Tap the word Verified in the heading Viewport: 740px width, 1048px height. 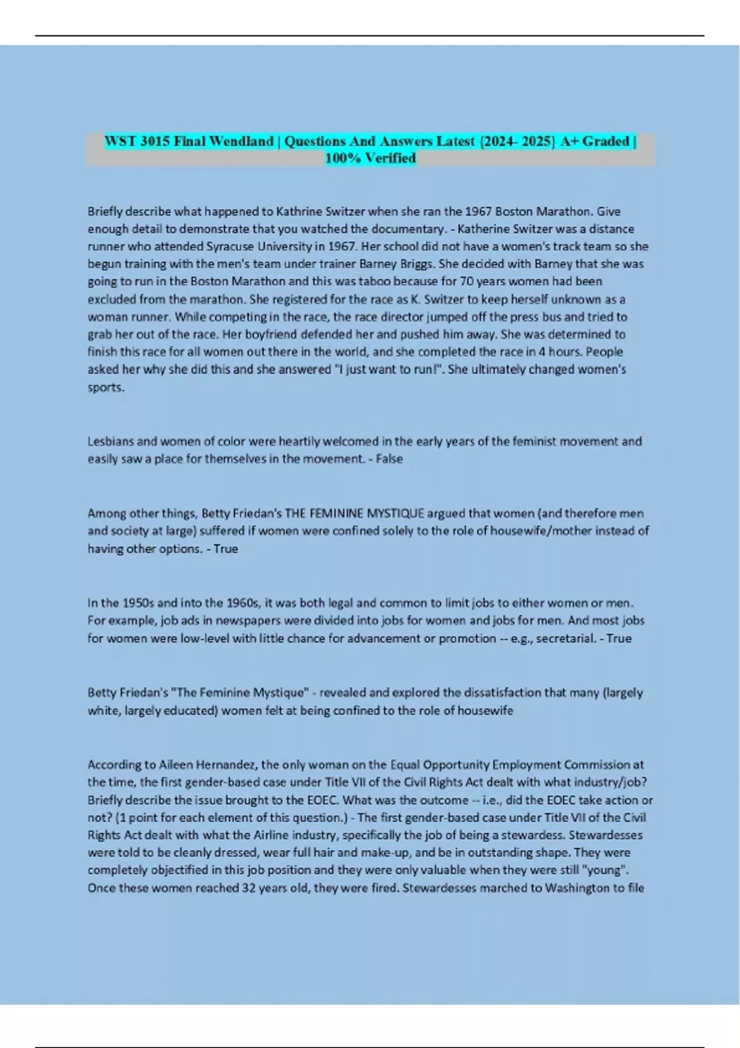pyautogui.click(x=389, y=158)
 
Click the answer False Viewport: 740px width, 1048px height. pyautogui.click(x=389, y=459)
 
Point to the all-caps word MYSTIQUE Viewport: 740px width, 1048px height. pyautogui.click(x=393, y=514)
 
